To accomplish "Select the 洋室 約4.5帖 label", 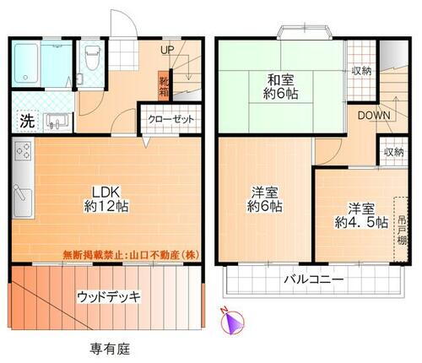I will coord(355,214).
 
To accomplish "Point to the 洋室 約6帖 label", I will coord(264,198).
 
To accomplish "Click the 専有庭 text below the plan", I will coord(109,348).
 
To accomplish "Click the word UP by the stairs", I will coord(167,50).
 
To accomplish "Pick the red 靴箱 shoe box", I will coord(164,85).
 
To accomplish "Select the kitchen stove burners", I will coord(23,155).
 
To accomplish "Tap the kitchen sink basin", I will coord(23,203).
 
